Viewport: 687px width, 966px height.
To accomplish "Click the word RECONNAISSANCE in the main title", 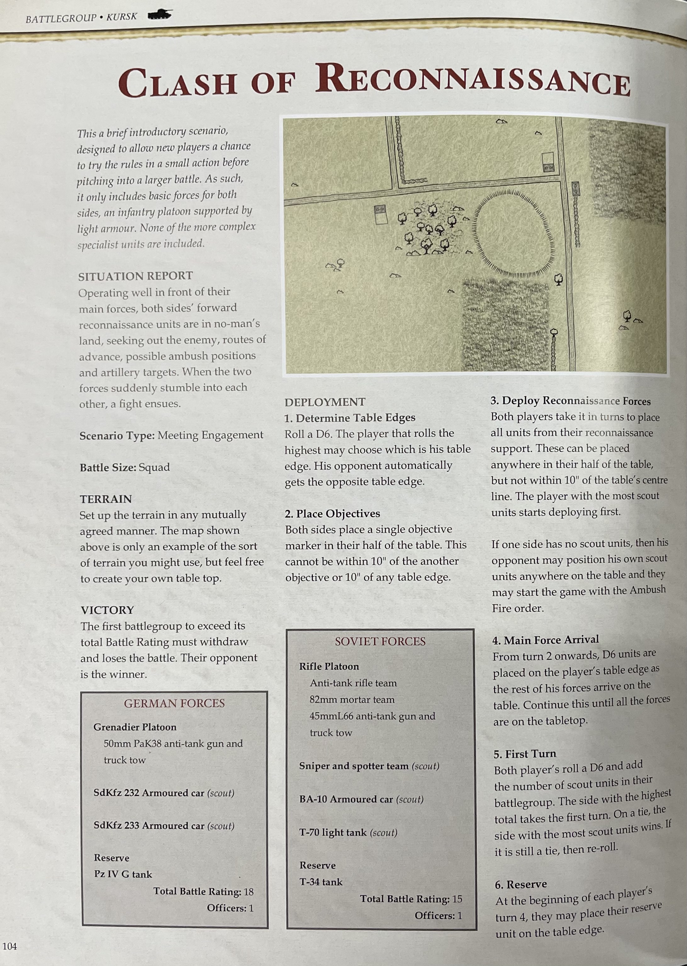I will tap(473, 80).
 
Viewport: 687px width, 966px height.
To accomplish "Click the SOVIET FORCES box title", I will tap(380, 641).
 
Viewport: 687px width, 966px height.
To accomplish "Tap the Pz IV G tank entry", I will tap(123, 874).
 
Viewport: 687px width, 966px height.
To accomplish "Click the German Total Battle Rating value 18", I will tap(248, 891).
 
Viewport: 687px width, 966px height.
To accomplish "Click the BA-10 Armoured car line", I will tap(361, 799).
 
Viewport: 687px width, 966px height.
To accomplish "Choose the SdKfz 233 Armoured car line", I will tap(164, 826).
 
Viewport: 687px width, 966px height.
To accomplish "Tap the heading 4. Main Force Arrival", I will tap(545, 640).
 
